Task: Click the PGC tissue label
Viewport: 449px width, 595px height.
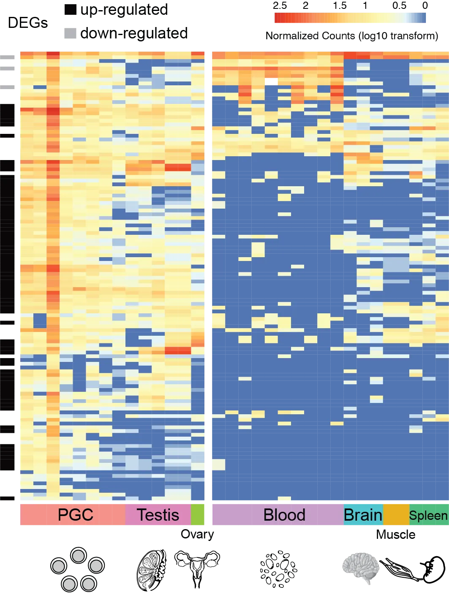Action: click(75, 515)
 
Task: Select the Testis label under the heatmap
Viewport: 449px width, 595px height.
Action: click(158, 515)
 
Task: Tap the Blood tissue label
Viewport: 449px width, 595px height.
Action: click(284, 515)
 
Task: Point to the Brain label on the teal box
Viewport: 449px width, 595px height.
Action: click(363, 515)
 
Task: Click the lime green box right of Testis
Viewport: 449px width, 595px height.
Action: click(198, 514)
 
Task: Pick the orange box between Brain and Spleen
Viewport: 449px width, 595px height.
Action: click(396, 514)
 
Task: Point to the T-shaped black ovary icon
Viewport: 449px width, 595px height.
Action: click(197, 566)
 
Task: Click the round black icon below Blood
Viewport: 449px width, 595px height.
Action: click(278, 568)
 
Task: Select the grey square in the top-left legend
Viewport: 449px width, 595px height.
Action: click(71, 34)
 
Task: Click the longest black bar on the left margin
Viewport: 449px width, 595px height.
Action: click(8, 236)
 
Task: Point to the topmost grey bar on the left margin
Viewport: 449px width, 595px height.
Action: click(8, 57)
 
